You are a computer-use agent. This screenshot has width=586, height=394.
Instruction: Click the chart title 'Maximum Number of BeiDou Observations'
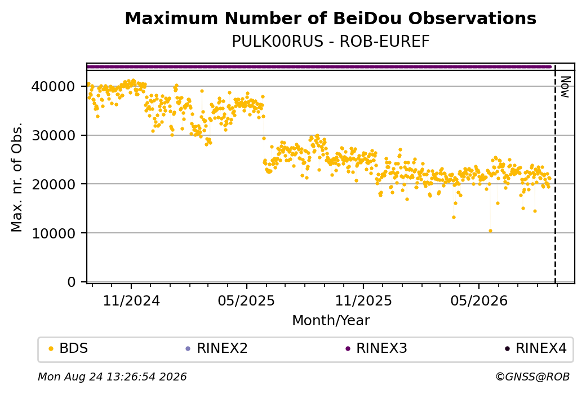click(x=330, y=18)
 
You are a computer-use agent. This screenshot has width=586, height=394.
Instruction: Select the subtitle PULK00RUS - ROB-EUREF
click(x=330, y=42)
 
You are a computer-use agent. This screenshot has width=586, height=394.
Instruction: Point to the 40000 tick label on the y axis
click(x=54, y=87)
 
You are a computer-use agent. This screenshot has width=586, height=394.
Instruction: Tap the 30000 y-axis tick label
click(x=54, y=135)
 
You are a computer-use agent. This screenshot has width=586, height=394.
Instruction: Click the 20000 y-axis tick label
click(x=54, y=184)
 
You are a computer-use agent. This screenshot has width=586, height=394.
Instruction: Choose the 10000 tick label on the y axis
click(x=54, y=233)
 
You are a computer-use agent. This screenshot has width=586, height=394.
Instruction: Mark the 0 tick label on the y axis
click(x=72, y=282)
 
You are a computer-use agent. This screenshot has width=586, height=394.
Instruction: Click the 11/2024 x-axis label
click(x=131, y=301)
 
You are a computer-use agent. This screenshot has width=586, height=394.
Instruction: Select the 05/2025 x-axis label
click(x=246, y=301)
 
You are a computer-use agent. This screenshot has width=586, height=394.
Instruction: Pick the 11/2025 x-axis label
click(x=363, y=301)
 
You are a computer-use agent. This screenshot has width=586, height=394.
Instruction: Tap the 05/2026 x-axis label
click(x=479, y=301)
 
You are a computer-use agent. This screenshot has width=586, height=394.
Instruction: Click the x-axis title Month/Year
click(x=331, y=321)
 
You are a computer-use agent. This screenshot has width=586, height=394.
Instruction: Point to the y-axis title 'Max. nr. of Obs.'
click(x=17, y=177)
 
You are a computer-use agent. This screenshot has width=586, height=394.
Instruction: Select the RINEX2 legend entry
click(x=217, y=348)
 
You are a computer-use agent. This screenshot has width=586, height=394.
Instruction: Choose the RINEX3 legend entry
click(x=376, y=348)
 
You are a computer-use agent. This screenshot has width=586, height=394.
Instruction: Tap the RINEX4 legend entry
click(x=536, y=348)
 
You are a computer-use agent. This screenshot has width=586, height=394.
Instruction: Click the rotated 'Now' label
click(x=566, y=87)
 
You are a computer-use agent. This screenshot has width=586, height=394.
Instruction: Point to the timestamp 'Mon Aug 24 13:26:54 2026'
click(x=112, y=377)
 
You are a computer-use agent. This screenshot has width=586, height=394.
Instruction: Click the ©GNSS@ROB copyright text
click(x=532, y=377)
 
